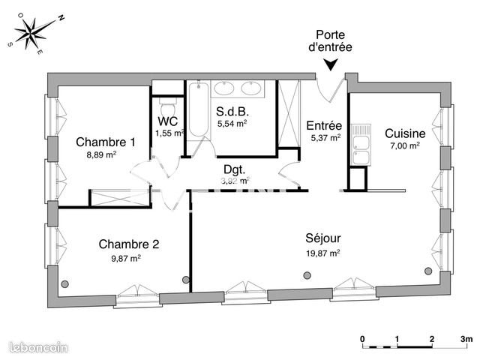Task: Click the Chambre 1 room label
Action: point(106,142)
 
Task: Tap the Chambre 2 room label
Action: point(128,244)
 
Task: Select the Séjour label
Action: point(323,239)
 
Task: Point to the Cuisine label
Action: point(405,133)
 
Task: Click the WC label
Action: point(168,121)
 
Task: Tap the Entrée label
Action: point(325,125)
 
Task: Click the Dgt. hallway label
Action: point(235,169)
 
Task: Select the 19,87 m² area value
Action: point(323,253)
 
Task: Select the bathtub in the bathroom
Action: point(197,113)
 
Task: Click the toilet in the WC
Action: point(167,101)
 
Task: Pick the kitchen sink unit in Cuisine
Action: point(360,144)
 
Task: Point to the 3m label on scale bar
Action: point(467,339)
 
